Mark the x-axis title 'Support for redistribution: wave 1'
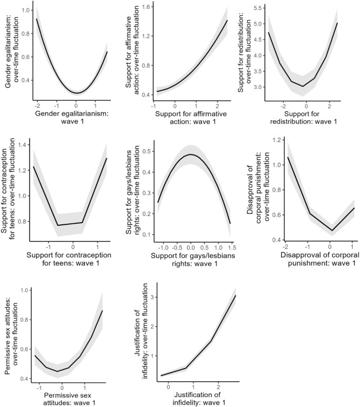[x=304, y=119]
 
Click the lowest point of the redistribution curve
[x=302, y=86]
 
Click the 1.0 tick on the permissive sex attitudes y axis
[x=23, y=290]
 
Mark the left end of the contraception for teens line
[x=33, y=166]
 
